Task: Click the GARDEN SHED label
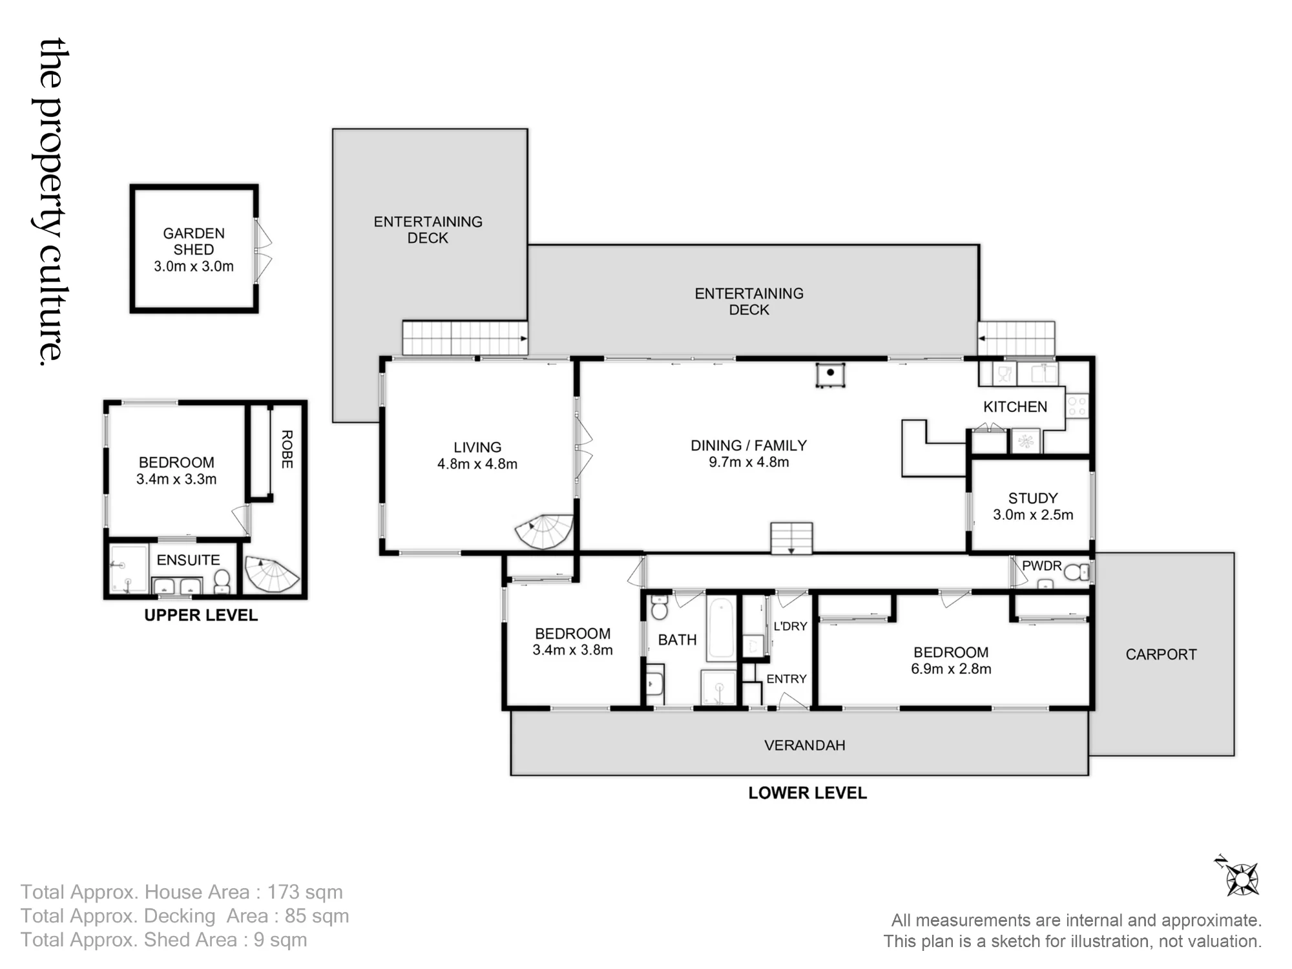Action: coord(194,241)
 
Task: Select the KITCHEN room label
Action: coord(1015,406)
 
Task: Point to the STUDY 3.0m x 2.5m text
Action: coord(1033,506)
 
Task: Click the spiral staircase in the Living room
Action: coord(544,531)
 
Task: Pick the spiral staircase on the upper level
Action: coord(272,575)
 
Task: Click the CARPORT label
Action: coord(1161,654)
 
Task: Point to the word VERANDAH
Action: coord(804,745)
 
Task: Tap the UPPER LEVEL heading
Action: coord(201,615)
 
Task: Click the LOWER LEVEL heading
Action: coord(807,793)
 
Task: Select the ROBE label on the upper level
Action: coord(287,450)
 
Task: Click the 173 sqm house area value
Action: coord(305,892)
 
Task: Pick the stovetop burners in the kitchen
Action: coord(1077,406)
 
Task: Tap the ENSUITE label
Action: coord(188,560)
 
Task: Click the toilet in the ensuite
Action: coord(222,580)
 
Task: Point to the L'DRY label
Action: coord(790,626)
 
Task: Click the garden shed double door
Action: coord(263,251)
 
